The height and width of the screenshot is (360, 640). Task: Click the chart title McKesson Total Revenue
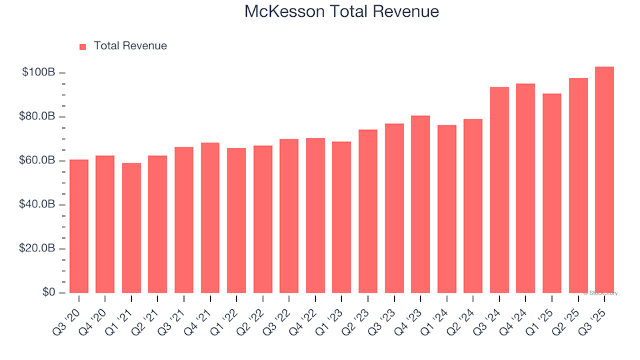[x=341, y=11]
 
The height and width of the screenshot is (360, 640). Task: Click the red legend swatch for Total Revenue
[x=83, y=47]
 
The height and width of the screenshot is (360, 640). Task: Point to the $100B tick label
[x=38, y=73]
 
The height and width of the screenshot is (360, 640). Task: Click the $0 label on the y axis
[x=48, y=293]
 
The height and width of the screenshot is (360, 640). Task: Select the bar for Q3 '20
[x=79, y=227]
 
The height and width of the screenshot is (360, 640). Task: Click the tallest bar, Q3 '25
[x=604, y=180]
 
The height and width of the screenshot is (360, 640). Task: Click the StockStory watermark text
[x=601, y=293]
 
